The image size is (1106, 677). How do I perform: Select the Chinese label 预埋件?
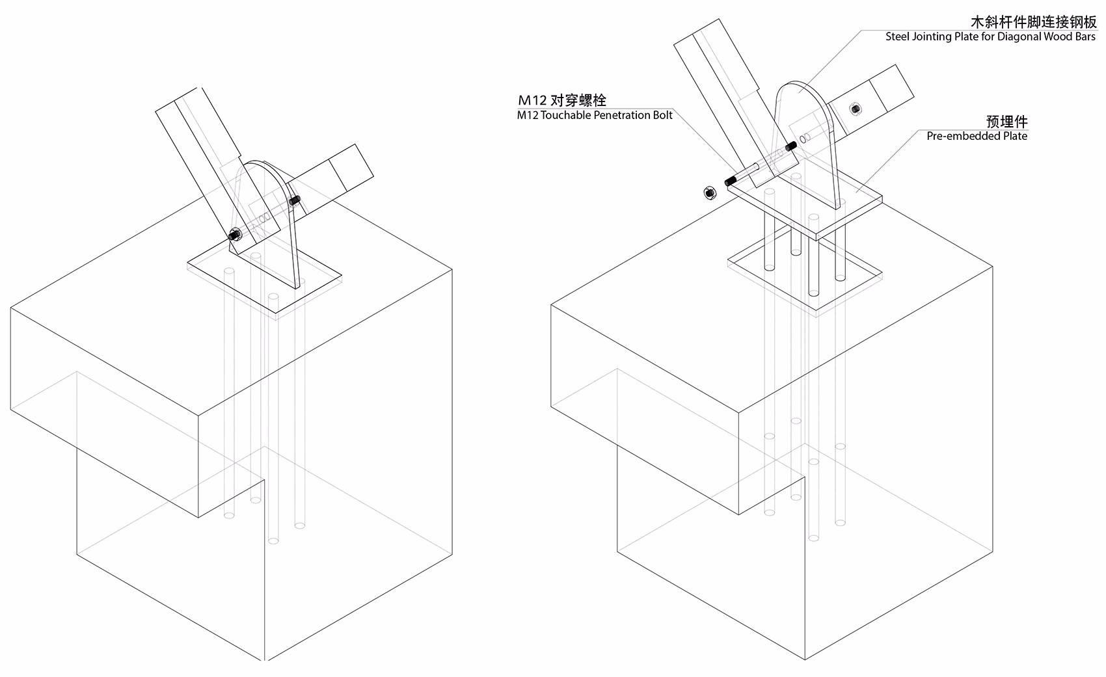coord(1006,122)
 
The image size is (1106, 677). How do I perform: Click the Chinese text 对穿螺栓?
coord(578,100)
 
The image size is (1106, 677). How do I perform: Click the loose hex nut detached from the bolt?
coord(710,192)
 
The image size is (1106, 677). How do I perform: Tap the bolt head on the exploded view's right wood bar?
coord(856,109)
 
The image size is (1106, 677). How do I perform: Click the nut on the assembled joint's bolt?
coord(234,235)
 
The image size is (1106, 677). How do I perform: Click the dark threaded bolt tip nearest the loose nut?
coord(731,181)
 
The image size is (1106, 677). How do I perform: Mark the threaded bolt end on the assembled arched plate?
coord(295,200)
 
